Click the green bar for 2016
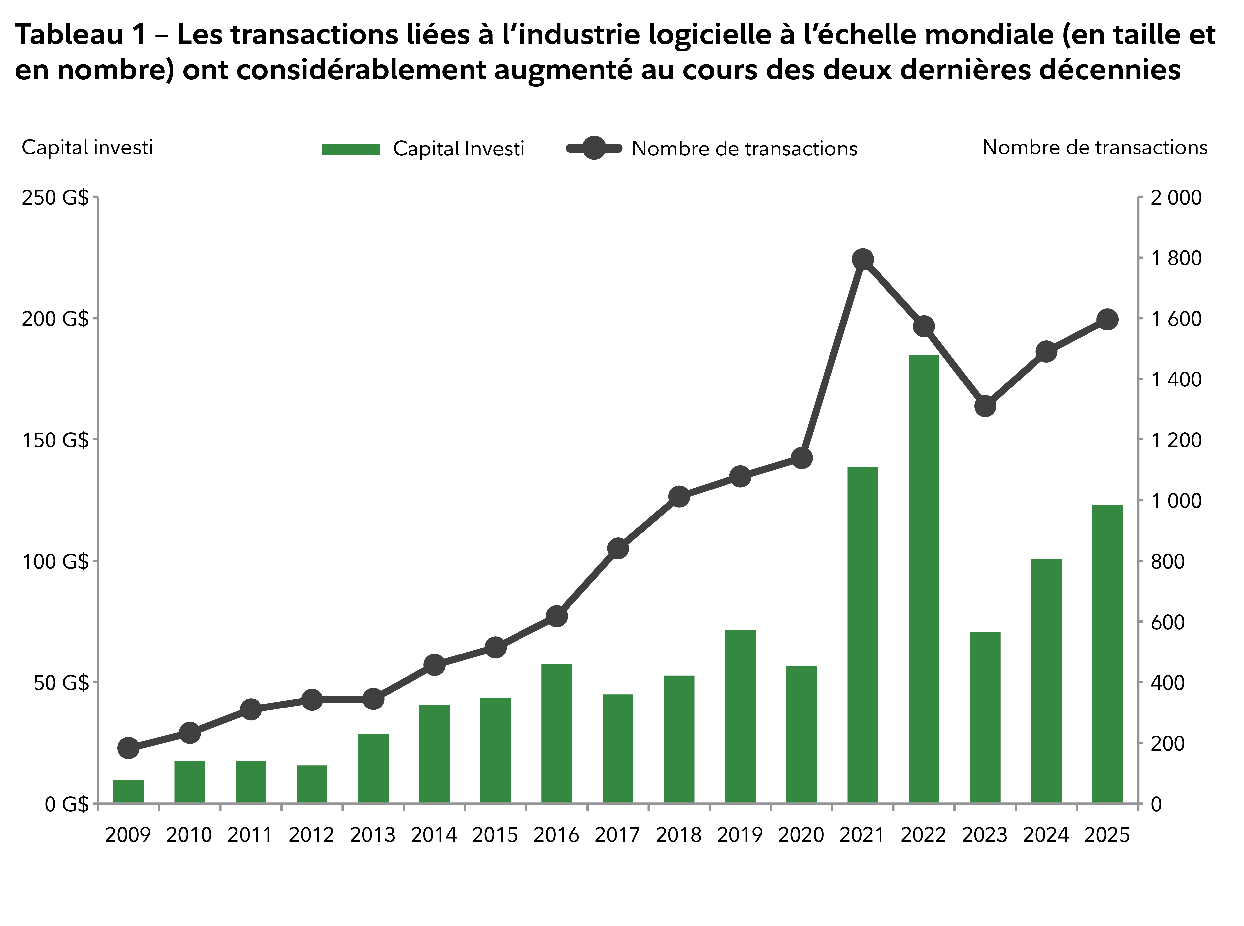[x=556, y=733]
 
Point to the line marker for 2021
[x=862, y=260]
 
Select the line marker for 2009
[x=128, y=748]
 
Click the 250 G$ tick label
[x=55, y=198]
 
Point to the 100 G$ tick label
[x=55, y=561]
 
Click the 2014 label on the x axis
[x=434, y=835]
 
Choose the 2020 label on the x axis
[x=801, y=835]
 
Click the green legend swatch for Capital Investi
[x=351, y=149]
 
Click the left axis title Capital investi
[x=87, y=147]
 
